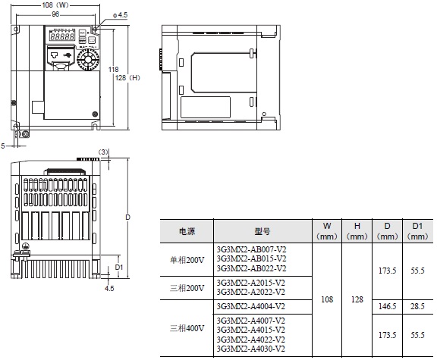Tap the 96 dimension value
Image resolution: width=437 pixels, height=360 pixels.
pos(54,14)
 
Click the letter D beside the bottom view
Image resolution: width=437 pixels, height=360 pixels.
pos(128,217)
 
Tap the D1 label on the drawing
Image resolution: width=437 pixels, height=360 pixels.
pos(118,266)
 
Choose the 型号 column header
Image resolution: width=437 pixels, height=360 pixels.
pos(263,230)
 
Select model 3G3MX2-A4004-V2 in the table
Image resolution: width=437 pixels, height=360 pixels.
pos(251,306)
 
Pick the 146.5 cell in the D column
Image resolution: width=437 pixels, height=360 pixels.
pos(387,306)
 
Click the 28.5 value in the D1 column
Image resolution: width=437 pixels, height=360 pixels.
pos(417,306)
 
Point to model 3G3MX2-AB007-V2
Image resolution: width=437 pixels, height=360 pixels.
pos(251,249)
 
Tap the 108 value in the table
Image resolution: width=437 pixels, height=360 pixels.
pos(327,299)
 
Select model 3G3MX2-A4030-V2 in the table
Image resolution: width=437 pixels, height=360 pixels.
pos(251,349)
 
